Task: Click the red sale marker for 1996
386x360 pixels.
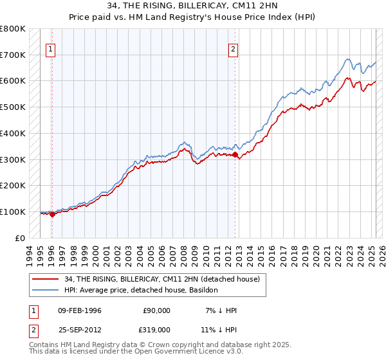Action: (52, 214)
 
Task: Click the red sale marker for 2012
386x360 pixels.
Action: (235, 154)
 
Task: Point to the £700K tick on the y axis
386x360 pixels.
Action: (13, 55)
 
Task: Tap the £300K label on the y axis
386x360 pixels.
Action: (13, 159)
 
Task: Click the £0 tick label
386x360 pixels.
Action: (20, 238)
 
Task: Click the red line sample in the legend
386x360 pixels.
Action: (46, 279)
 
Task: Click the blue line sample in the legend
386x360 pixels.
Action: (46, 290)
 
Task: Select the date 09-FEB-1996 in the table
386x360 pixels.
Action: (79, 310)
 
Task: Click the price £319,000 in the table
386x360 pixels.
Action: (156, 329)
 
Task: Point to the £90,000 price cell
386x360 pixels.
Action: (156, 310)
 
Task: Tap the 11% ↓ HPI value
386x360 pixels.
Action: (217, 329)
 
